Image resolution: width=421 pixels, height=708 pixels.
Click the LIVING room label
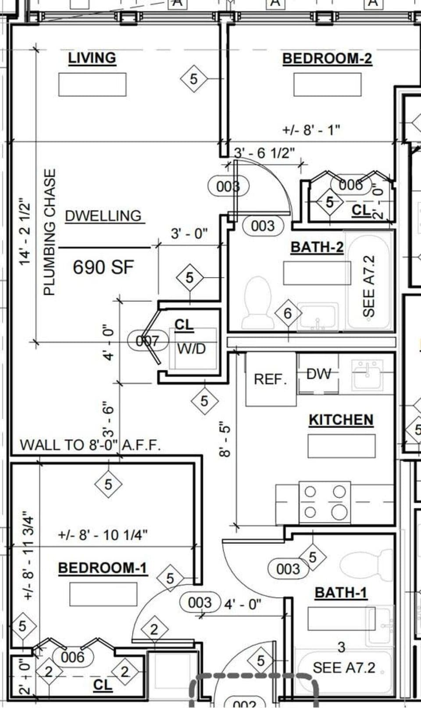tap(92, 58)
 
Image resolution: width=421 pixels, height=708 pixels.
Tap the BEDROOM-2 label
tap(327, 58)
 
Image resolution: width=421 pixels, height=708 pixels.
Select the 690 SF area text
tap(103, 267)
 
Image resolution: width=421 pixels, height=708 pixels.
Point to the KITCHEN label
tap(341, 420)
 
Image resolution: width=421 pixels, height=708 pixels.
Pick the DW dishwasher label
tap(319, 374)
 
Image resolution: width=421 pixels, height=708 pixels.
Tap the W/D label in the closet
tap(192, 349)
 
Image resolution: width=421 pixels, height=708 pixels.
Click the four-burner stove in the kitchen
tap(325, 502)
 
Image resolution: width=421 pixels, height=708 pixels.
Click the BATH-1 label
tap(341, 593)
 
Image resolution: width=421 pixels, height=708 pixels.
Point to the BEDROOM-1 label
tap(103, 568)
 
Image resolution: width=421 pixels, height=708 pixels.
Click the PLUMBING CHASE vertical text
tap(50, 232)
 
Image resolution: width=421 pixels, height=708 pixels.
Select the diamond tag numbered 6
tap(288, 313)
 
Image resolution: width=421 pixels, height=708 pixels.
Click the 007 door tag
tap(148, 340)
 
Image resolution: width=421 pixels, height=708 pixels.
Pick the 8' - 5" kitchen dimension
tap(225, 439)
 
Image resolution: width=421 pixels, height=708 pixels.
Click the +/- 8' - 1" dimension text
tap(310, 130)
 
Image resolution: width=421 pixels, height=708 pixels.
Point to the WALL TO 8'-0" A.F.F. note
tap(90, 445)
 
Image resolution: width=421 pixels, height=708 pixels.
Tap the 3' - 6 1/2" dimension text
tap(264, 153)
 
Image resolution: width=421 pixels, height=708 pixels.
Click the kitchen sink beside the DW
tap(367, 375)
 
